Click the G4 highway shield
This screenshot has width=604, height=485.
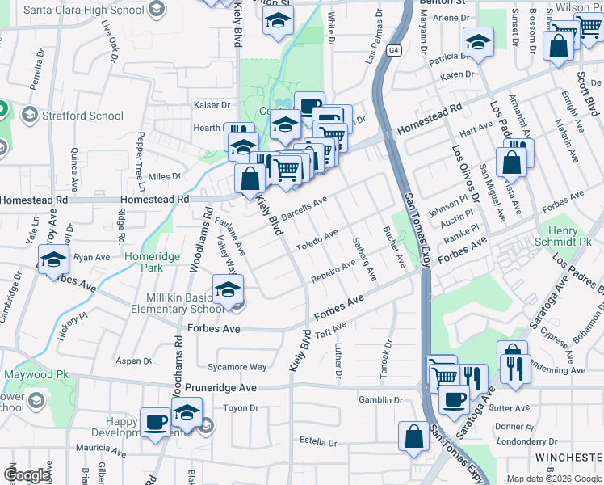click(x=393, y=50)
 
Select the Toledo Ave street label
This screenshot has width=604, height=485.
click(x=317, y=240)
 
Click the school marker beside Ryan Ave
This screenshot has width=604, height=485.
click(x=53, y=261)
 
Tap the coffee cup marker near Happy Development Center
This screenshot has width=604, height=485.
click(x=156, y=421)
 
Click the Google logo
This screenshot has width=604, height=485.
click(x=26, y=475)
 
